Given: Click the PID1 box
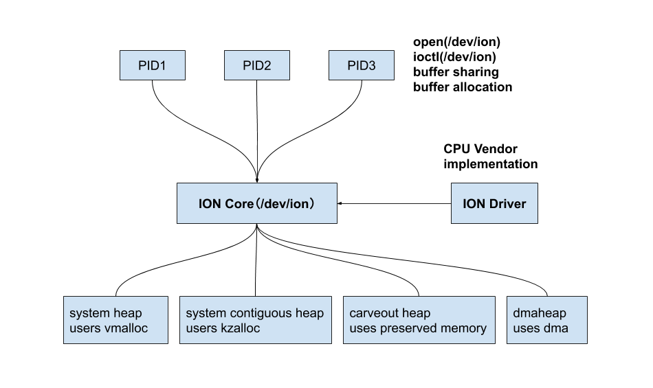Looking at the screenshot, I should click(152, 66).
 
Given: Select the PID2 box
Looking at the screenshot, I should click(256, 66).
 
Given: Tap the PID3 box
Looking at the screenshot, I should click(361, 66).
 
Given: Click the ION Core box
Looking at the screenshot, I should click(256, 203).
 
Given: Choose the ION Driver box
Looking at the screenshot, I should click(494, 203).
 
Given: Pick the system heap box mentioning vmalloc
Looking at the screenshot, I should click(115, 320).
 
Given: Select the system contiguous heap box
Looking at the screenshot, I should click(255, 320).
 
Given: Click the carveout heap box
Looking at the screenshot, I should click(419, 320).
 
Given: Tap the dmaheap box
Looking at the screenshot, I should click(546, 320).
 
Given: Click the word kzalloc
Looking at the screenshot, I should click(240, 328).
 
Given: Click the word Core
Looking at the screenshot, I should click(239, 204).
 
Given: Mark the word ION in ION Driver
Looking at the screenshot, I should click(474, 204).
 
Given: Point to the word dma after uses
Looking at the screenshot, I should click(556, 328).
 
